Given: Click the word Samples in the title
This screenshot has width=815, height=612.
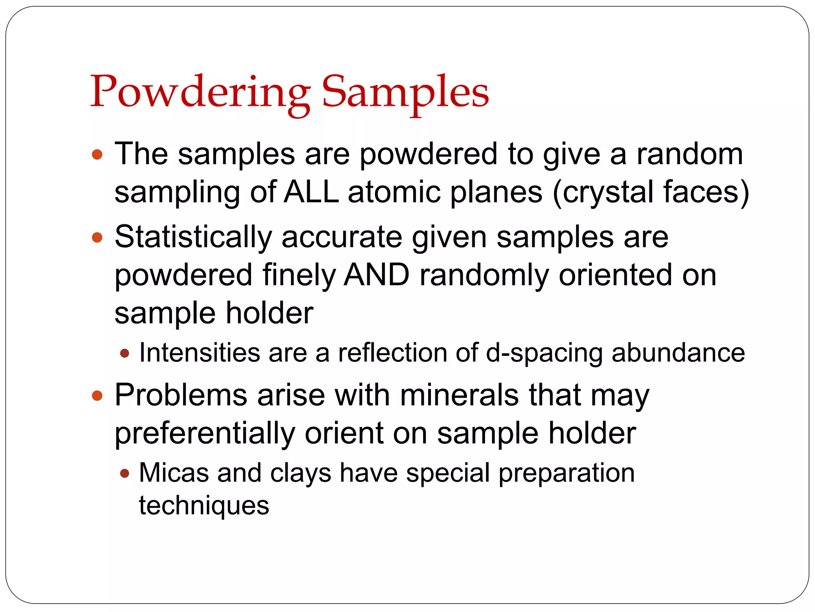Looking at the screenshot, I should coord(405,92).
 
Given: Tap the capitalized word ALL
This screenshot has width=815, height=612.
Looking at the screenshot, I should coord(311,192).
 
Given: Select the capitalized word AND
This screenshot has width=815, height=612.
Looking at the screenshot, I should coord(376,275).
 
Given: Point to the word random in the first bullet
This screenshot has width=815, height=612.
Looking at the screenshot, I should coord(689,154).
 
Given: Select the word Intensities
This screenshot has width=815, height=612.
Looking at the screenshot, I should coord(199,353).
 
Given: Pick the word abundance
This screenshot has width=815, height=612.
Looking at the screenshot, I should coord(678,353).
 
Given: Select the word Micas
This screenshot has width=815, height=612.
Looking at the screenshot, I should coord(174,473).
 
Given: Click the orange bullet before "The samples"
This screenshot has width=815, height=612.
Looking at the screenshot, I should coord(97,155).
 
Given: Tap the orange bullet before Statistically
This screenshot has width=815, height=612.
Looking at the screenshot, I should coord(97,238).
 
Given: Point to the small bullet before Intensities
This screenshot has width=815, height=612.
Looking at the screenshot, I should coord(125,353).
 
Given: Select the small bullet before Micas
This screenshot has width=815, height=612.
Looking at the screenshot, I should coord(125,473).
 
